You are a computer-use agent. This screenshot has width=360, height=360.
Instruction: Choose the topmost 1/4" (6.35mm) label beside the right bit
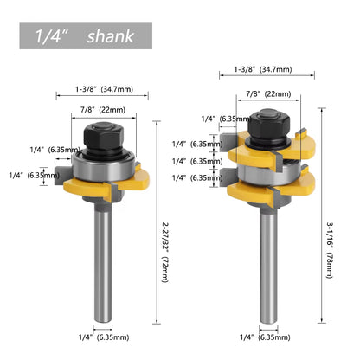click(x=216, y=119)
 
